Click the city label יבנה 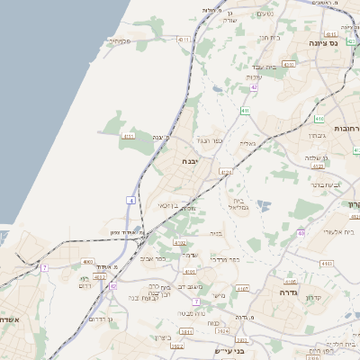(191, 161)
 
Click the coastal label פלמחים (121, 40)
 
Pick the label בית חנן (271, 38)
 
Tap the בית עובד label (258, 67)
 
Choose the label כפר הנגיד (208, 140)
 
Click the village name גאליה (247, 142)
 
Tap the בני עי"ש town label (229, 351)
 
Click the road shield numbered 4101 (189, 270)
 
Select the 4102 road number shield (179, 242)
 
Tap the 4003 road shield (86, 262)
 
